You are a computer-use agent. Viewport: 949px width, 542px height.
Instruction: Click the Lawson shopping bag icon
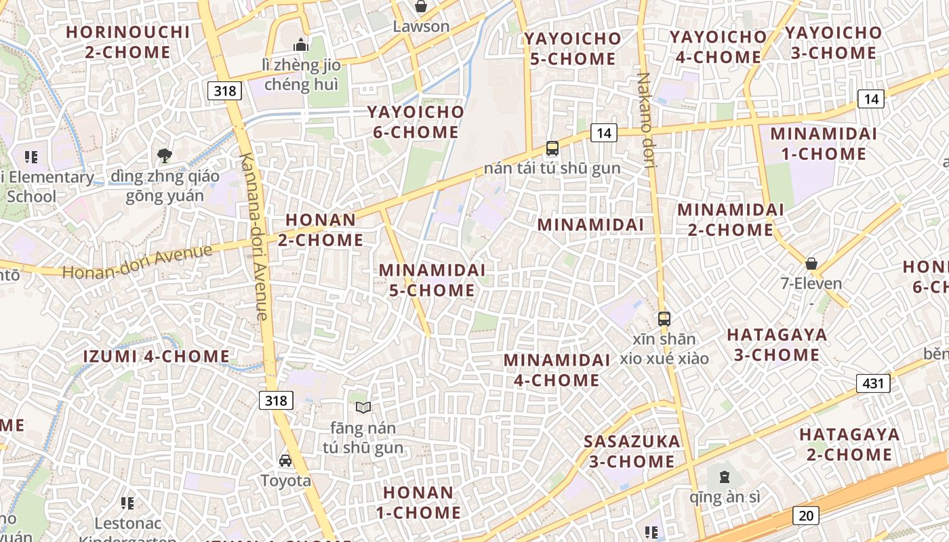pyautogui.click(x=420, y=7)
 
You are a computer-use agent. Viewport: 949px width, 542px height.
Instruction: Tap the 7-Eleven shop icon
pyautogui.click(x=811, y=264)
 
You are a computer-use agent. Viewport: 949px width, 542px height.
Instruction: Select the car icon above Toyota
pyautogui.click(x=285, y=461)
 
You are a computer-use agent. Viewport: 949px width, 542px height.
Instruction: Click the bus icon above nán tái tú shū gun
pyautogui.click(x=552, y=148)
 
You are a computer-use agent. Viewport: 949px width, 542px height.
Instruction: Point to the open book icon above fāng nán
pyautogui.click(x=363, y=407)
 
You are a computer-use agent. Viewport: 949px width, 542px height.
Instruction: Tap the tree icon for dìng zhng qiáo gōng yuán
pyautogui.click(x=164, y=156)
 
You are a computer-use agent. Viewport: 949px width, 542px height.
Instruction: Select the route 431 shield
pyautogui.click(x=873, y=383)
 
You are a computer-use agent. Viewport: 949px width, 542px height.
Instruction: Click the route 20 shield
pyautogui.click(x=806, y=515)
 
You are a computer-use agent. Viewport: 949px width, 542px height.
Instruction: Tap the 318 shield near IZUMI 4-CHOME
pyautogui.click(x=276, y=400)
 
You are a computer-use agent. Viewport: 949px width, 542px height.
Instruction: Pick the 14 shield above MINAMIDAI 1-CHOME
pyautogui.click(x=871, y=99)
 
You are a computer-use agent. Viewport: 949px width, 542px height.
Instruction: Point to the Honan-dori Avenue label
pyautogui.click(x=138, y=262)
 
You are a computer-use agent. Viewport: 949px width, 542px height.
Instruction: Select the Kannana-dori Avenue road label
pyautogui.click(x=254, y=236)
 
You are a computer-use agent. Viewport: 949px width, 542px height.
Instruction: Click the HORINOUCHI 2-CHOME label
pyautogui.click(x=128, y=42)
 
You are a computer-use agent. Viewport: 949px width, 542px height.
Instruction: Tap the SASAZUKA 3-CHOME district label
pyautogui.click(x=632, y=451)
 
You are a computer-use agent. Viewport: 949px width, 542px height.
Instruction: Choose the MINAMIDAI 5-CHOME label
pyautogui.click(x=432, y=280)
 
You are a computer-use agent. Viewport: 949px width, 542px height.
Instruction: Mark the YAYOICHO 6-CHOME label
pyautogui.click(x=416, y=122)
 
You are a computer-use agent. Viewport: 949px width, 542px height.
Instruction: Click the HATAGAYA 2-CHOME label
pyautogui.click(x=849, y=444)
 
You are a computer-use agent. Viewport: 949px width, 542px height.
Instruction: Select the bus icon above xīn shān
pyautogui.click(x=664, y=318)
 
